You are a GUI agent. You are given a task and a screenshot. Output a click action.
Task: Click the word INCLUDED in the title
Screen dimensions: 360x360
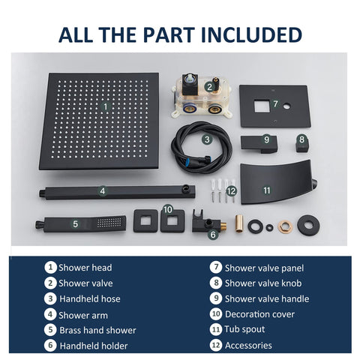[x=251, y=34]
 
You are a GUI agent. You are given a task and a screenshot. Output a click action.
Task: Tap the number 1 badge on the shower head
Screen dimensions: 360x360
[x=106, y=106]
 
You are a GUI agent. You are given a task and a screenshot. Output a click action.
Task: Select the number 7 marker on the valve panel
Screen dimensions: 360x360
[x=275, y=103]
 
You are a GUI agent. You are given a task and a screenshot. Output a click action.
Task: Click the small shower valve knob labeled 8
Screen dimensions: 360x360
[x=303, y=143]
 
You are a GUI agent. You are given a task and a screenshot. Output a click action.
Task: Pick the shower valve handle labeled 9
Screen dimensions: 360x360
[x=259, y=144]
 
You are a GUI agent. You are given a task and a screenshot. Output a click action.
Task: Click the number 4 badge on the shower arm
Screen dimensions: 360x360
[x=103, y=191]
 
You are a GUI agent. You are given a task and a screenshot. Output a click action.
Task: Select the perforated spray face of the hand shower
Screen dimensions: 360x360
[x=109, y=223]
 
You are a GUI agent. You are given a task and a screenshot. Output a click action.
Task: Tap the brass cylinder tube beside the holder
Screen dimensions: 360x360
[x=239, y=223]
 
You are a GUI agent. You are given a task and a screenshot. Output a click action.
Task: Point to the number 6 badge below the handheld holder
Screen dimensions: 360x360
[x=213, y=235]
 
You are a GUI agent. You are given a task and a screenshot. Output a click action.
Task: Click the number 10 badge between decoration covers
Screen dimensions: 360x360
[x=168, y=209]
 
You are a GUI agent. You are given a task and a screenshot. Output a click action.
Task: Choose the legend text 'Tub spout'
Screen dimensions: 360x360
[x=244, y=329]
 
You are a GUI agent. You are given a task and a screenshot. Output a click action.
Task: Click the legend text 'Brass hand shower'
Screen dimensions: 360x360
[x=97, y=330]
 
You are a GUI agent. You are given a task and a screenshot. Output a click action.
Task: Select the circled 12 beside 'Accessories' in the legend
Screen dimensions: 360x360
[x=216, y=345]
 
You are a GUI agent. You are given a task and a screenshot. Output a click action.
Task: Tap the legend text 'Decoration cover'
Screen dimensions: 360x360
[x=259, y=314]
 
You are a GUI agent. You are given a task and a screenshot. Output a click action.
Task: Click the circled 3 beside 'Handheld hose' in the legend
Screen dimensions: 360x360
[x=50, y=298]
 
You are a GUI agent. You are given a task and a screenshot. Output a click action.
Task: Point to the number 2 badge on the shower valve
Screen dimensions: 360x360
[x=209, y=87]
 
